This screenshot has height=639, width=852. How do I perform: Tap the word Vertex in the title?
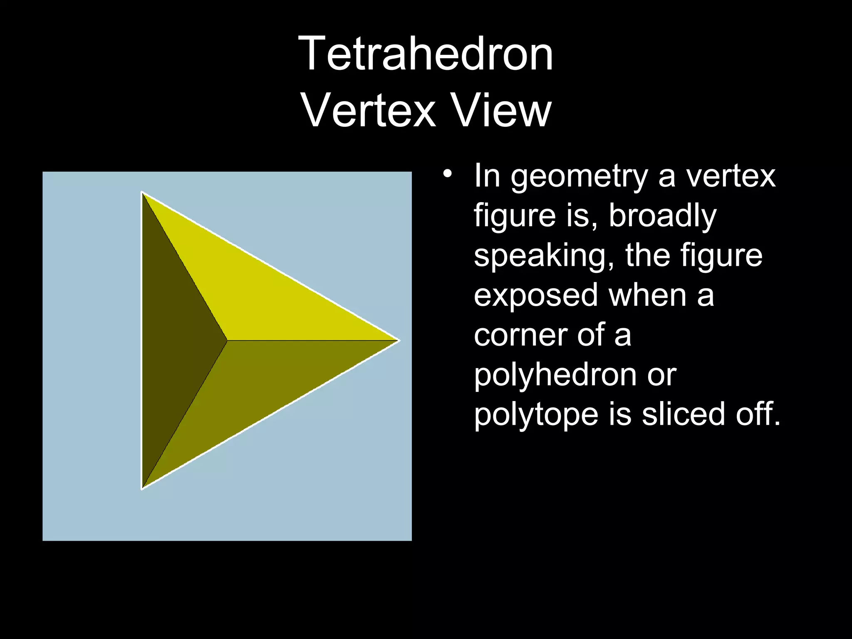pyautogui.click(x=369, y=111)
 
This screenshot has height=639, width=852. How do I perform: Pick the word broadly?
pyautogui.click(x=662, y=216)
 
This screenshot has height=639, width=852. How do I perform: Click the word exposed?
pyautogui.click(x=536, y=295)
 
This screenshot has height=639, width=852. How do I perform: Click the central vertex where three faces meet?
pyautogui.click(x=227, y=341)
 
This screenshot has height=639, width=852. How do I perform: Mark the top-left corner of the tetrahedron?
pyautogui.click(x=142, y=193)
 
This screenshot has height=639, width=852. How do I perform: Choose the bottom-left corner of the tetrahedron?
pyautogui.click(x=142, y=488)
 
